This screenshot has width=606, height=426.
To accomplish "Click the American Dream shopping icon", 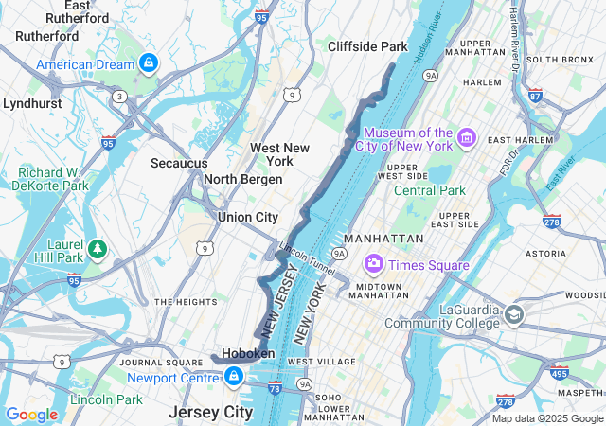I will (147, 63).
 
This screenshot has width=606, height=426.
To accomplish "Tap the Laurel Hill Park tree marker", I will (98, 249).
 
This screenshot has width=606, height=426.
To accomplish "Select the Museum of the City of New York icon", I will (465, 139).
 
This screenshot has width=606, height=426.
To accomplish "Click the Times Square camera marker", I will (374, 264).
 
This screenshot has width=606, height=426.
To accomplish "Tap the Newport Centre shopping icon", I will (233, 377).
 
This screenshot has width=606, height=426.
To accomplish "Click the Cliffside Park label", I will (366, 46).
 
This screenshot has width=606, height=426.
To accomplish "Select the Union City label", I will (247, 217).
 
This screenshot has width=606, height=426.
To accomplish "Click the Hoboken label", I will (248, 353).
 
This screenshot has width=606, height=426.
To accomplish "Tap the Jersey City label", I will (210, 413).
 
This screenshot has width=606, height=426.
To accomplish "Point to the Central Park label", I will (430, 190).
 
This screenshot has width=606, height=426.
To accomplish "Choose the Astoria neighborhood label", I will (571, 254).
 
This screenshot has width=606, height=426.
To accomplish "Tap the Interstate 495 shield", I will (559, 373).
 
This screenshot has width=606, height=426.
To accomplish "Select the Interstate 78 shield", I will (275, 388).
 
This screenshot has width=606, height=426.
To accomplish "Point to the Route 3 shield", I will (120, 96).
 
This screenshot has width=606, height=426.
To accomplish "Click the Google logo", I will (31, 415).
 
